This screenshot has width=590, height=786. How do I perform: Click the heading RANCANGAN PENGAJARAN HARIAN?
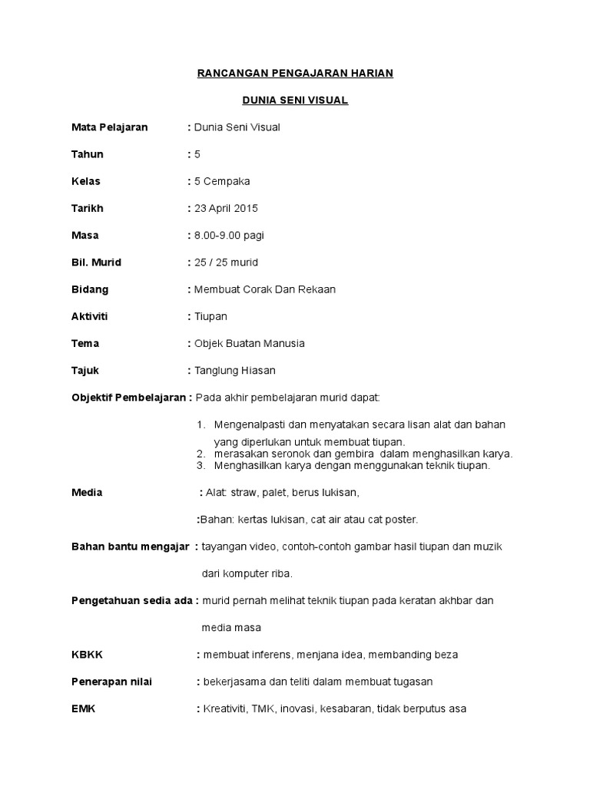tap(295, 73)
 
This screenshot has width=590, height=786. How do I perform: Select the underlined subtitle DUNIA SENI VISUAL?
tap(295, 100)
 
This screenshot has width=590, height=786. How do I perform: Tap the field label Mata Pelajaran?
tap(109, 127)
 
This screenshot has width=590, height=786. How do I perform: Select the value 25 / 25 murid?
tap(227, 262)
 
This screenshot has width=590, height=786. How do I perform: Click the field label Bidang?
tap(90, 289)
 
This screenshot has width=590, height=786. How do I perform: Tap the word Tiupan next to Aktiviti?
tap(211, 316)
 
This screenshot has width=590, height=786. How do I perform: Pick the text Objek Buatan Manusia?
tap(250, 343)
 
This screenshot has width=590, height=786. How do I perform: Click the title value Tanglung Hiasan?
tap(235, 370)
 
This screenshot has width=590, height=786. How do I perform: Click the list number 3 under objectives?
tap(201, 465)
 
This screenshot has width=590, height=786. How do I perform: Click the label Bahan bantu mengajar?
tap(130, 546)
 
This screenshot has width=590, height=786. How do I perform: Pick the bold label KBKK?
tap(87, 655)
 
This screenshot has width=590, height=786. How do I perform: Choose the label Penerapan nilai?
tap(111, 682)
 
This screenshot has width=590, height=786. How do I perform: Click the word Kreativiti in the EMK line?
tap(224, 709)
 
